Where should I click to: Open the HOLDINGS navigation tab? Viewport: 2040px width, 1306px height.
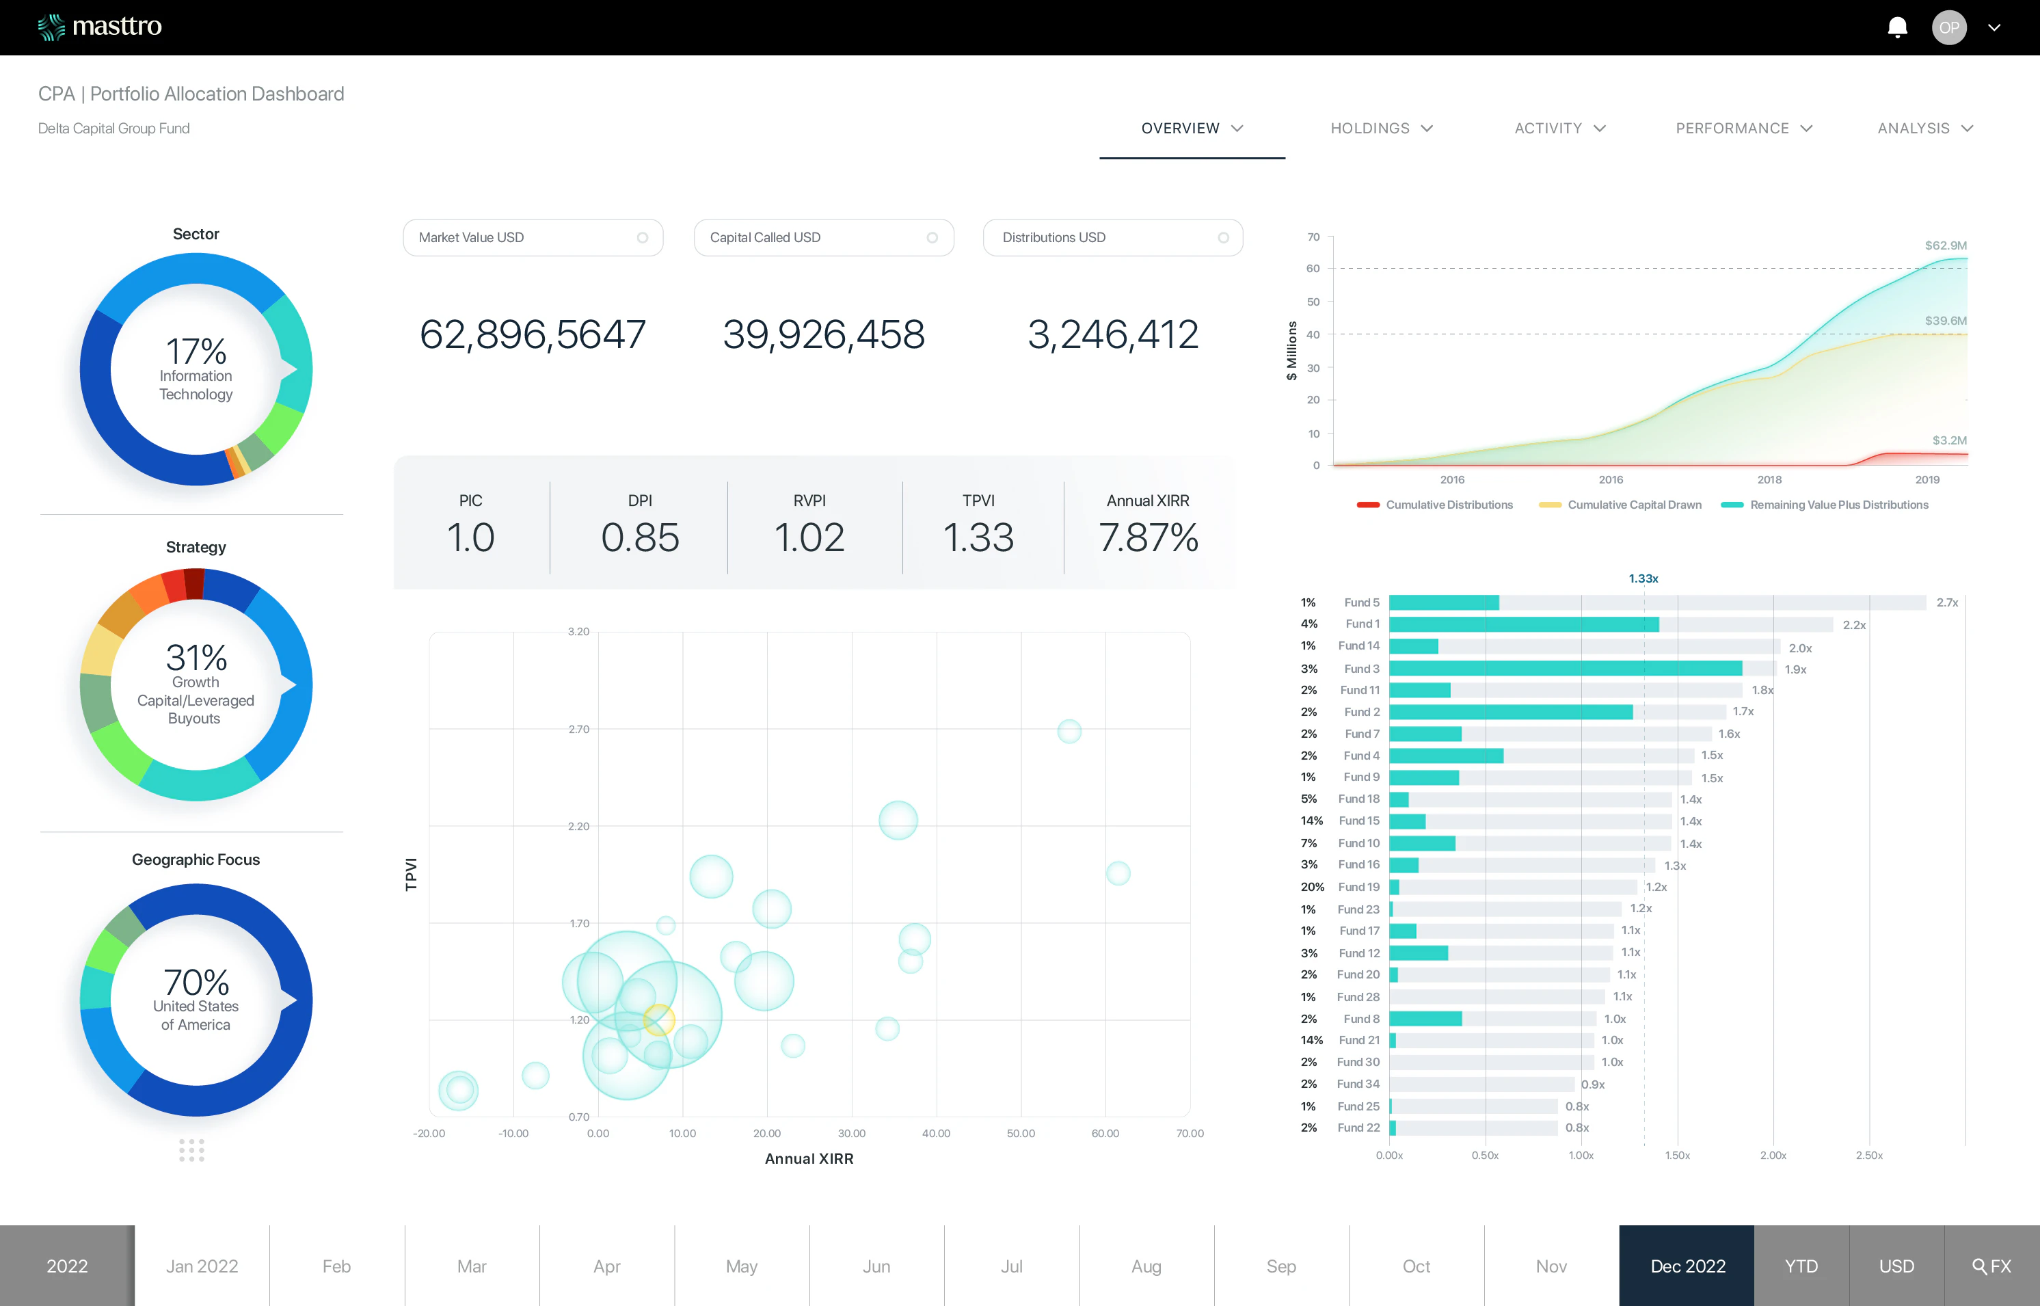coord(1380,128)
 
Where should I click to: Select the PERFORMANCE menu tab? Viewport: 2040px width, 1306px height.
coord(1743,128)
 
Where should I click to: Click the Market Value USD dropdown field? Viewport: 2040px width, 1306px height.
coord(533,237)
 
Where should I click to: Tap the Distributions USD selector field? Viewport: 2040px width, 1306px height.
coord(1112,237)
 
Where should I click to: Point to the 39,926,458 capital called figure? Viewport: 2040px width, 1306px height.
coord(823,334)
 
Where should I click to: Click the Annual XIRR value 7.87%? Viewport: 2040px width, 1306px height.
coord(1148,537)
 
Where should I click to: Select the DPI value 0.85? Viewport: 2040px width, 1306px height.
coord(640,537)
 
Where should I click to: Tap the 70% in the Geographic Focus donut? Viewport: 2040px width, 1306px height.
coord(196,983)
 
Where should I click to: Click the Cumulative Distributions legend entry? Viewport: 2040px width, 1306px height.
coord(1448,505)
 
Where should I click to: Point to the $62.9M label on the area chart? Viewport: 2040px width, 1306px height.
coord(1945,245)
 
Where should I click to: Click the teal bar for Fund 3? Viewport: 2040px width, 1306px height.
coord(1565,668)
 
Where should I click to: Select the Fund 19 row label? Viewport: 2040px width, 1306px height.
coord(1358,887)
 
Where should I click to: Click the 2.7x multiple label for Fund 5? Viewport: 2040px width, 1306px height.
coord(1947,602)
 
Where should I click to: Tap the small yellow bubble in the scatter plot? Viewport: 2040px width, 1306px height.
coord(659,1020)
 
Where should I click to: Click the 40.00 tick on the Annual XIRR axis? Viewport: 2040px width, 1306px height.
coord(936,1133)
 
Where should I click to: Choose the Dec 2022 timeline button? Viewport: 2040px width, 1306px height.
coord(1687,1266)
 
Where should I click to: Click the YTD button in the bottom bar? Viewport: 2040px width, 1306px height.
coord(1801,1266)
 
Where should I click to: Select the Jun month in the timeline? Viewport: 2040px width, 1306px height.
coord(876,1266)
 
